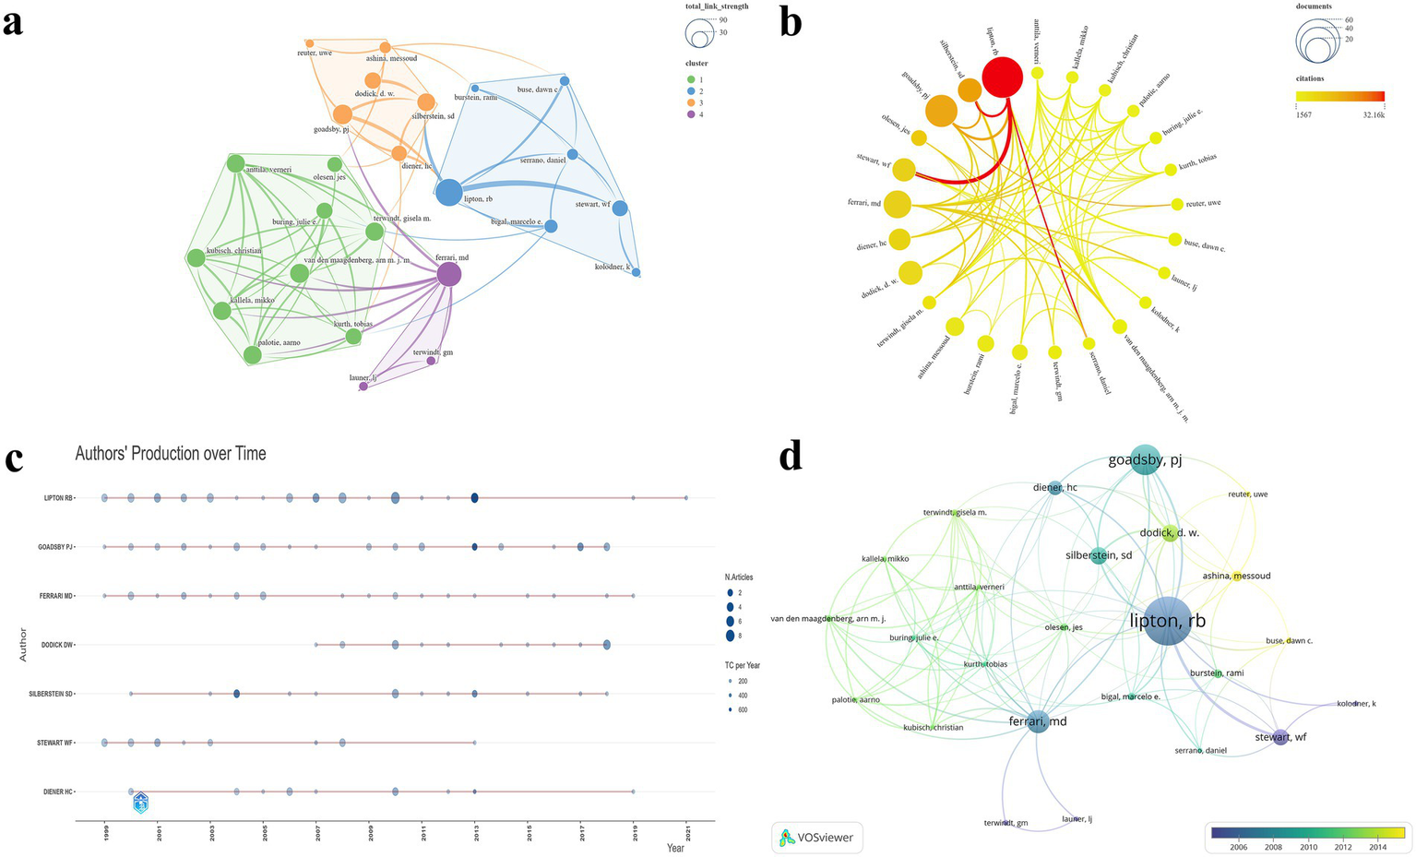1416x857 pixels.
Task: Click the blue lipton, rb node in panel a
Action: pyautogui.click(x=448, y=193)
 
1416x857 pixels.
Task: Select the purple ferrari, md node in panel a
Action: pyautogui.click(x=448, y=274)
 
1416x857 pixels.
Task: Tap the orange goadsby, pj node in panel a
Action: pyautogui.click(x=342, y=114)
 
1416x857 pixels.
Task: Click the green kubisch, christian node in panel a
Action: pyautogui.click(x=196, y=258)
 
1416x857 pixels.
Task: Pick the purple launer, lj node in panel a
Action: pyautogui.click(x=363, y=387)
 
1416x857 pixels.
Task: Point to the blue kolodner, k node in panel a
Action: pyautogui.click(x=636, y=273)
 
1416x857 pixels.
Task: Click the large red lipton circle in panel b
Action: pyautogui.click(x=1002, y=77)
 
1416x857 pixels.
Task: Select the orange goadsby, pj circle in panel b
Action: pyautogui.click(x=941, y=111)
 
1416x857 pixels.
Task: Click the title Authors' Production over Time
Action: pyautogui.click(x=171, y=453)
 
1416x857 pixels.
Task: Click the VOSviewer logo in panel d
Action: pyautogui.click(x=817, y=838)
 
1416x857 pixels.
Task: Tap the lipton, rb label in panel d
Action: pyautogui.click(x=1168, y=622)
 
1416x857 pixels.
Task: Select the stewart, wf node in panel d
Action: pyautogui.click(x=1280, y=736)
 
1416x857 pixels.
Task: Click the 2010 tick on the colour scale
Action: pyautogui.click(x=1307, y=847)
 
